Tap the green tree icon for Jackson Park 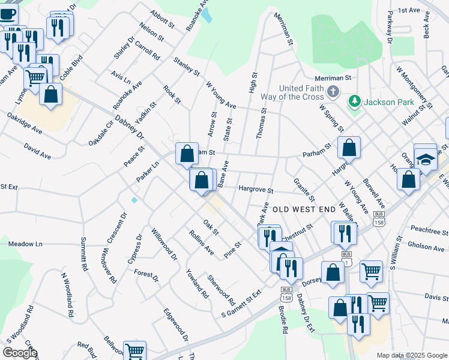point(355,101)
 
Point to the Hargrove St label point(256,190)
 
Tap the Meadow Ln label point(26,244)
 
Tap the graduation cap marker point(426,159)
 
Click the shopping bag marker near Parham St point(349,148)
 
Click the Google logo point(20,353)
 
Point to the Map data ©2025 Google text point(411,355)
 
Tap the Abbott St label point(162,19)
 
